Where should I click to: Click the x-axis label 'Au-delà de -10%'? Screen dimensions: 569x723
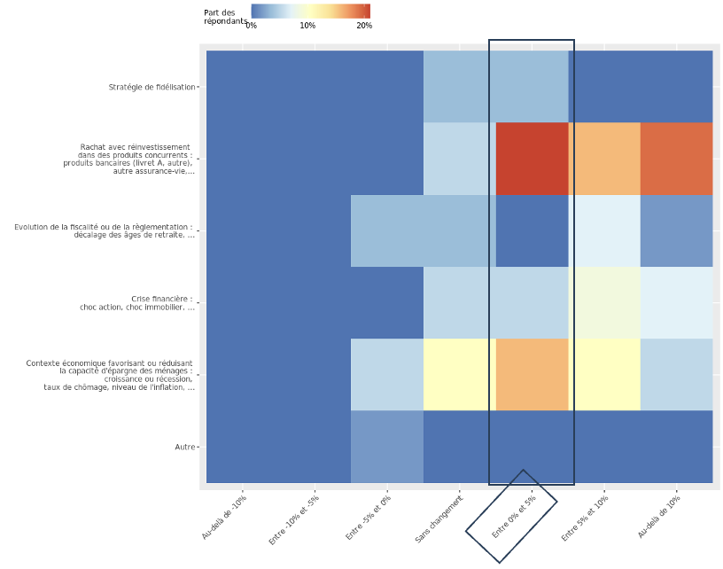coord(224,517)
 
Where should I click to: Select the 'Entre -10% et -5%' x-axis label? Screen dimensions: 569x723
coord(293,519)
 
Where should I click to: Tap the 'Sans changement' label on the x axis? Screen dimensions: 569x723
coord(439,519)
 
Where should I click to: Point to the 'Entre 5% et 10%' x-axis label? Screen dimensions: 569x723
coord(584,518)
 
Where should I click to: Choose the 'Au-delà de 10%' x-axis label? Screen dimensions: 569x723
coord(658,517)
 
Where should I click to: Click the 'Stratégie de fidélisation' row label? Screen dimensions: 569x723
coord(152,87)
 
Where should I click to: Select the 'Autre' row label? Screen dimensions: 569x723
coord(184,447)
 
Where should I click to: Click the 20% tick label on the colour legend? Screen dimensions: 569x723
coord(364,26)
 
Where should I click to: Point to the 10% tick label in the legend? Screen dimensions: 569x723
coord(307,26)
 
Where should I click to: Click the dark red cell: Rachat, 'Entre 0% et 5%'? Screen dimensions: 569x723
coord(532,159)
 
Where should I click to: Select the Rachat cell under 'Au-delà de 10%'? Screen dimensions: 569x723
coord(676,159)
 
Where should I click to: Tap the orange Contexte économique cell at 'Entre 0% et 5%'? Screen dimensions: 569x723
coord(532,374)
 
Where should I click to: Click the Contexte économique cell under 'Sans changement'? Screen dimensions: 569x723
coord(459,374)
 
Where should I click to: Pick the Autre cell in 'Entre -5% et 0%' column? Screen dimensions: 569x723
coord(387,447)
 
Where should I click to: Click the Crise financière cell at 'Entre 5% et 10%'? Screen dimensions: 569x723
coord(604,302)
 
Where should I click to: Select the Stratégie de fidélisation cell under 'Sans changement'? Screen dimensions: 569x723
coord(459,87)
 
